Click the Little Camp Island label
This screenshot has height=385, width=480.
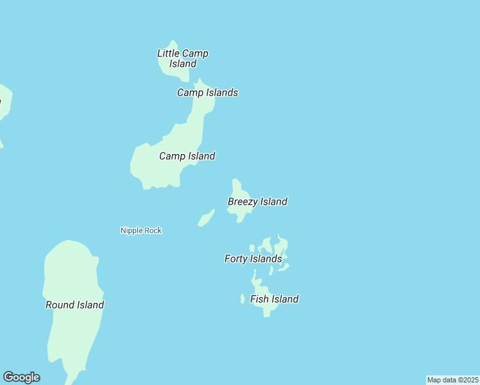click(x=183, y=58)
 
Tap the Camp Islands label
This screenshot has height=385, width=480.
click(x=207, y=92)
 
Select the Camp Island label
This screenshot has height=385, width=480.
click(x=187, y=156)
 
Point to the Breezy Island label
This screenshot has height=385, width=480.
click(x=257, y=201)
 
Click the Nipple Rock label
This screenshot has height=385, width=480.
click(x=141, y=230)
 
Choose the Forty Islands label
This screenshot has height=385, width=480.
click(x=253, y=259)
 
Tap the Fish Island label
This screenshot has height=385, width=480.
click(x=274, y=299)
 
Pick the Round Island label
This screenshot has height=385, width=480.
click(x=74, y=305)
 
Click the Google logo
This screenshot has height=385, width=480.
click(x=21, y=377)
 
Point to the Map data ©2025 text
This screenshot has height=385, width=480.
click(x=452, y=380)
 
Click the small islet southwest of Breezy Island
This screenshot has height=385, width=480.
click(x=205, y=218)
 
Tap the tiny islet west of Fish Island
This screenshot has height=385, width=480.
click(x=243, y=299)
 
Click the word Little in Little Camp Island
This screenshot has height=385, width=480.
click(x=168, y=53)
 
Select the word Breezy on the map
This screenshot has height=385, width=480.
click(x=243, y=201)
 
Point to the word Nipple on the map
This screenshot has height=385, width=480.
click(x=132, y=230)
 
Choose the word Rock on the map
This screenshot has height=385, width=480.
click(x=153, y=230)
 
